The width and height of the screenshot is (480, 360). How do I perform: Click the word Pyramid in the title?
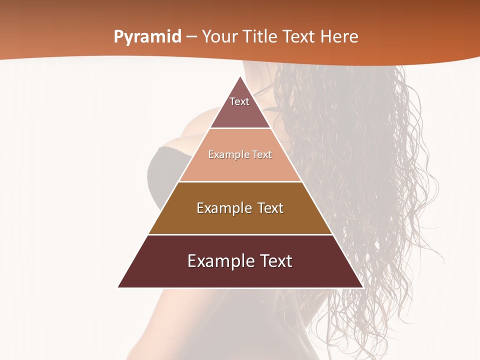[147, 36]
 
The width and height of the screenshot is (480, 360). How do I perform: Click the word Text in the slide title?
[299, 36]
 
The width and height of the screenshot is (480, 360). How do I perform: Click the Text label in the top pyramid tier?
[239, 101]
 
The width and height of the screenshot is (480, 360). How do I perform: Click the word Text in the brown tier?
[270, 208]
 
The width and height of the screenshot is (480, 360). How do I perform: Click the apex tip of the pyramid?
[240, 77]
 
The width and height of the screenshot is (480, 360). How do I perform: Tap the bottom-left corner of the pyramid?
[118, 287]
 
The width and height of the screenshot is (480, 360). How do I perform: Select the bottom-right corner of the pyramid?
[362, 287]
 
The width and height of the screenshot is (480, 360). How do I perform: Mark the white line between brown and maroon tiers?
[240, 234]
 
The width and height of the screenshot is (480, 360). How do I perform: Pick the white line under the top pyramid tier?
[240, 128]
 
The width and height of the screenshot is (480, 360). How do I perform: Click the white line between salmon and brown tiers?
[240, 181]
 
